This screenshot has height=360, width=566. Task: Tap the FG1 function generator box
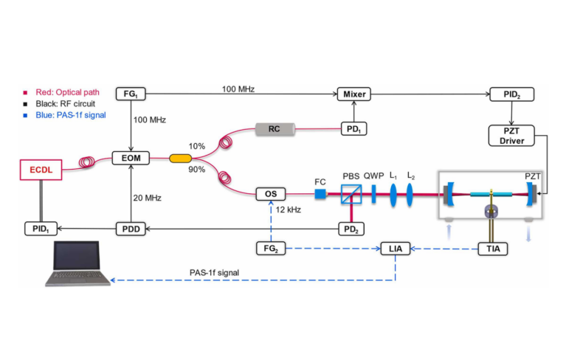131,94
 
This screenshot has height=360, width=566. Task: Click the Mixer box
352,94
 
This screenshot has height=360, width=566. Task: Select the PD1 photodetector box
351,129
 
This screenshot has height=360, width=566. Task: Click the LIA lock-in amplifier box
394,249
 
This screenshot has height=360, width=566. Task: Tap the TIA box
492,249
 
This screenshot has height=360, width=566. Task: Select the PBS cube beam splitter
351,195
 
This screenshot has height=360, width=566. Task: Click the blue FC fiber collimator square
321,195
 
